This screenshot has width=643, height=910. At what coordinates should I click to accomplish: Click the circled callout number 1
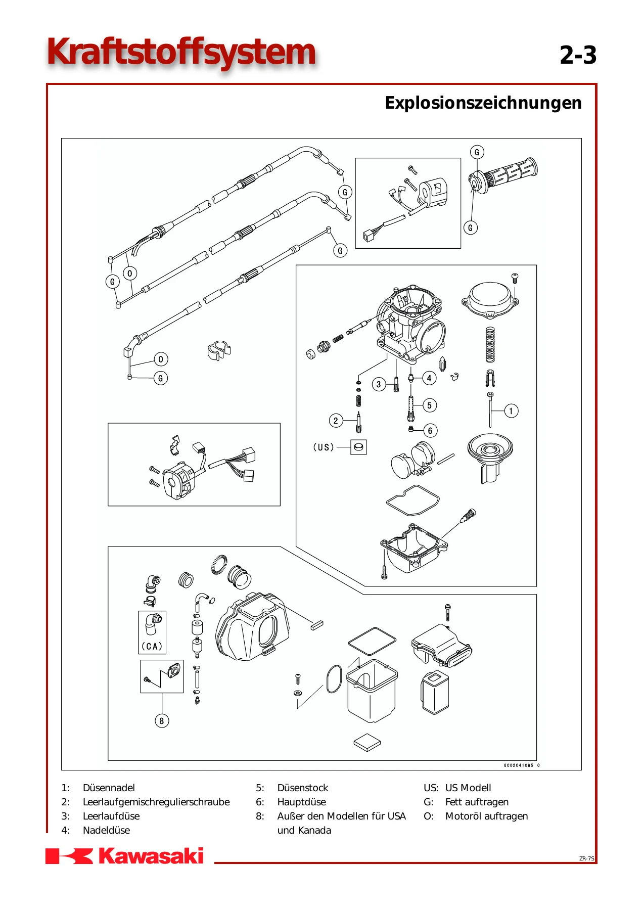511,411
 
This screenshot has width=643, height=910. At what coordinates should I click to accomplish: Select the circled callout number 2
336,420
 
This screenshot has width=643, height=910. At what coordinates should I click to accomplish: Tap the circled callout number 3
379,384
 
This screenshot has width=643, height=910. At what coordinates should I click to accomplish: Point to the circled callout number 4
429,378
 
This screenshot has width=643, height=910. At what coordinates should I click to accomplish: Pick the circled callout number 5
429,405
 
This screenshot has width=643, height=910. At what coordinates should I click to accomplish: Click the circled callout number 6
430,431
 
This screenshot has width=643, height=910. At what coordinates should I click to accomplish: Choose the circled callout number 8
162,721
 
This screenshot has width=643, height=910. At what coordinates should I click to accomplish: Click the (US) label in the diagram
324,447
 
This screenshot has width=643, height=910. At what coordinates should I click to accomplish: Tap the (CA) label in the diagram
152,646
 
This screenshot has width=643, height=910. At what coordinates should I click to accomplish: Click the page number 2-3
578,55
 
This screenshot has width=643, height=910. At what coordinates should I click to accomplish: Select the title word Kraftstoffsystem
181,53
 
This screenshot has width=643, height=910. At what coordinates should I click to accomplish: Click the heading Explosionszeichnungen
483,103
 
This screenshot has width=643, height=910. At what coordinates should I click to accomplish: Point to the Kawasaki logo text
151,856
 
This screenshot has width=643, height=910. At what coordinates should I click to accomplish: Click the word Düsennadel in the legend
109,788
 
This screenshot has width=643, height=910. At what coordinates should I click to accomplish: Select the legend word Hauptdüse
302,802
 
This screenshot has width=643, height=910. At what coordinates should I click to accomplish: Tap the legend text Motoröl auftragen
486,816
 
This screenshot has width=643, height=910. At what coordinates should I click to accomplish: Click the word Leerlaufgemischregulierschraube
156,802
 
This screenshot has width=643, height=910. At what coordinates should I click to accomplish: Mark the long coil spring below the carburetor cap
490,345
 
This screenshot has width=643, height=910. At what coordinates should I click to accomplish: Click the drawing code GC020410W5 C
522,765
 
